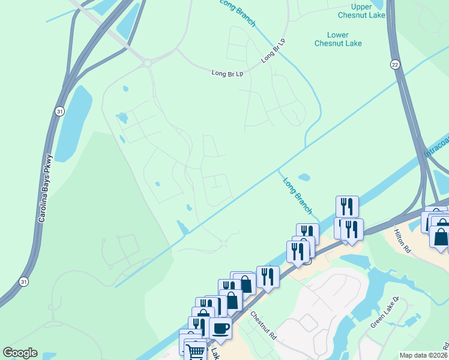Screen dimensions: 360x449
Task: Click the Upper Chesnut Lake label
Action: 361,10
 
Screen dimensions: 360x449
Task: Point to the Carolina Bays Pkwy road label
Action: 46,189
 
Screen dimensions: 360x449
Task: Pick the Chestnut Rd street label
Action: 263,326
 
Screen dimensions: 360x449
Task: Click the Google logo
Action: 20,353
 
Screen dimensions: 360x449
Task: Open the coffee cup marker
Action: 221,328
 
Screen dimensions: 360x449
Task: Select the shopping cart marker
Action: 195,352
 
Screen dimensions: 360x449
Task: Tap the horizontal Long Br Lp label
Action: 227,73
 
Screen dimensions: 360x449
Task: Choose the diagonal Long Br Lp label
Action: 273,50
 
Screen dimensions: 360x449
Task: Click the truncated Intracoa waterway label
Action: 437,146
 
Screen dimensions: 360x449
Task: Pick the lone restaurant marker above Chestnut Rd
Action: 268,277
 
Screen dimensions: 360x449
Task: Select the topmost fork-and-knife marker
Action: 347,206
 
